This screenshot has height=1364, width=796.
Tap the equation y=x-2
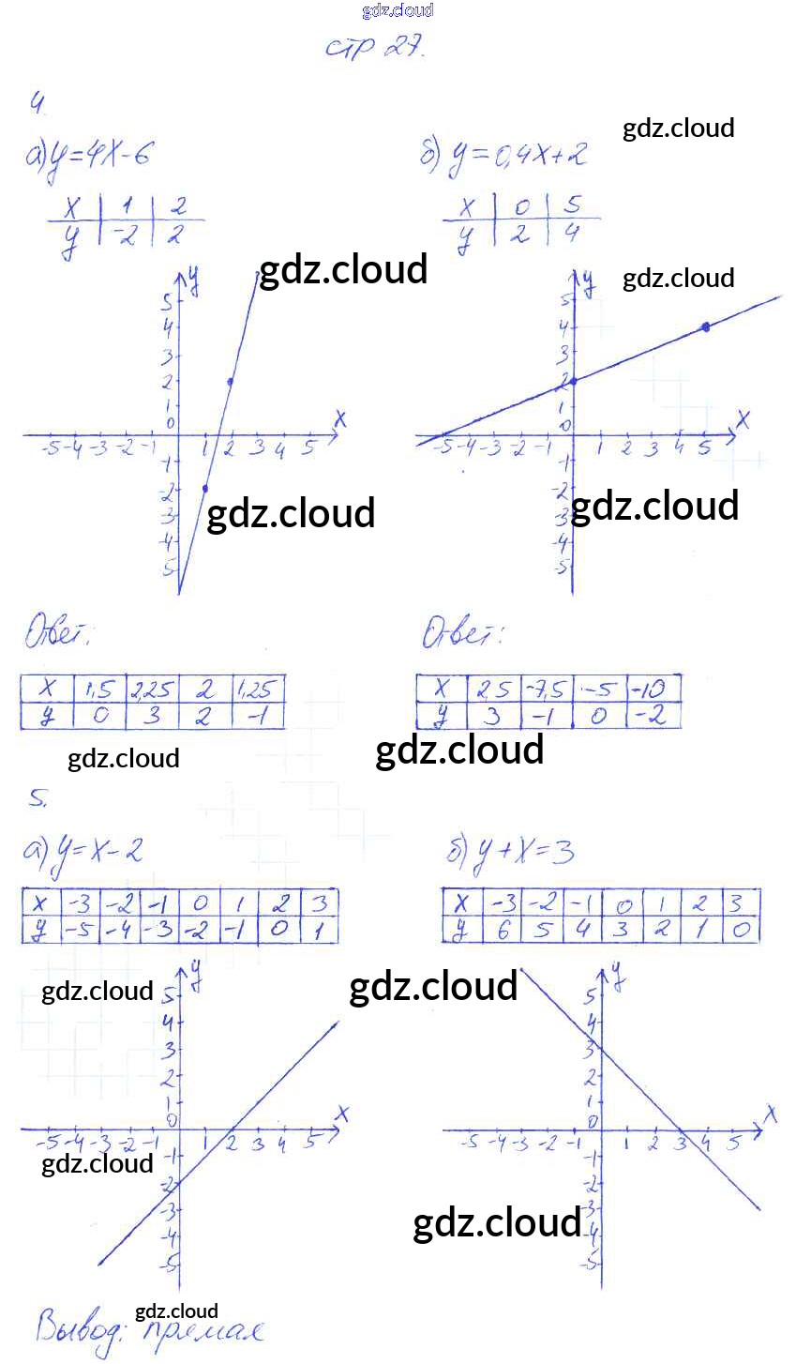point(84,852)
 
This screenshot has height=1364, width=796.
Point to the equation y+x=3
point(511,852)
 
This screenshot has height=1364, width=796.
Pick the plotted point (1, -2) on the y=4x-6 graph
point(205,489)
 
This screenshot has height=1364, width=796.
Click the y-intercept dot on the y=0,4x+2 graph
point(574,380)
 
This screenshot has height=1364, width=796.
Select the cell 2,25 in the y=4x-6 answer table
point(152,690)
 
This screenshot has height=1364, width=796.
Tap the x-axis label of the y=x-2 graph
point(342,1114)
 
